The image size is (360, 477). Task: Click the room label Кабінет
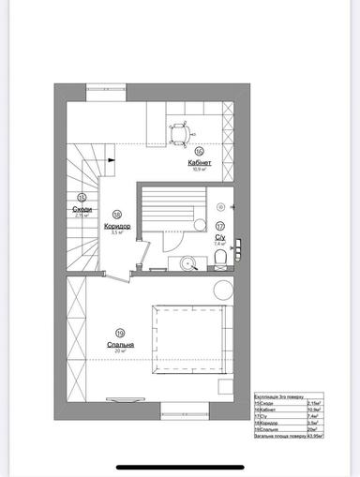[199, 161]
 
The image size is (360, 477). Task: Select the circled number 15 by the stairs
[82, 197]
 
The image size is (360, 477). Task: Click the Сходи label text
[82, 208]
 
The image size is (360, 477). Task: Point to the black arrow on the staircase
[110, 160]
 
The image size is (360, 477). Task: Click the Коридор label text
[117, 226]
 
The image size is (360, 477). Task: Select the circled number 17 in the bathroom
[220, 226]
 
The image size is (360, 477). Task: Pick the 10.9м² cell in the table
[311, 408]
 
